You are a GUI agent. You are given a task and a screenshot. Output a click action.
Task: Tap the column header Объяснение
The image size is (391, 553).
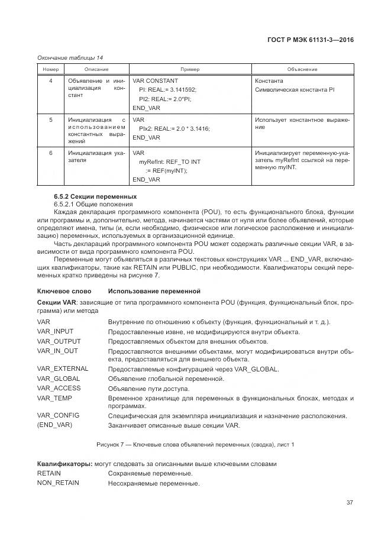302,69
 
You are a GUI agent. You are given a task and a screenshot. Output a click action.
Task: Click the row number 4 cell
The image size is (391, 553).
50,80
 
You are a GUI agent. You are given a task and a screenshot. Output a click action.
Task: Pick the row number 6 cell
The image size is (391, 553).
50,153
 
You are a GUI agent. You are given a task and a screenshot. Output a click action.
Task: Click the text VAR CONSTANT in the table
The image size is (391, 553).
155,80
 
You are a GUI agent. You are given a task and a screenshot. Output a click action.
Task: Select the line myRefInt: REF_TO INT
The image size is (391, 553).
169,161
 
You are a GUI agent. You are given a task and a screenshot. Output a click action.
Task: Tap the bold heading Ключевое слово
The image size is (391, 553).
64,292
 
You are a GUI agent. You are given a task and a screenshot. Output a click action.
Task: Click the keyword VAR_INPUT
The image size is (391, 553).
55,332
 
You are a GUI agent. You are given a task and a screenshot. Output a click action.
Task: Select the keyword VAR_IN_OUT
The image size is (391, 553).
57,351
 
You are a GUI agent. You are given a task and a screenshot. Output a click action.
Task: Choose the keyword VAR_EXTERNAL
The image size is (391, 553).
62,368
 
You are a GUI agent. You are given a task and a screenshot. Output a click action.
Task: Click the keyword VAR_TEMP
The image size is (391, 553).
54,398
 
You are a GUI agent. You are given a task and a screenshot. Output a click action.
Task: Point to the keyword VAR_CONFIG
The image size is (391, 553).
58,415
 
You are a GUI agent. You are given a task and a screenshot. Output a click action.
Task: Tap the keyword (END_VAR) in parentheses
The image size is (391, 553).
55,425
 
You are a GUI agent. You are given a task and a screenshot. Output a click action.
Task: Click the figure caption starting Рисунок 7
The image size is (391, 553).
195,444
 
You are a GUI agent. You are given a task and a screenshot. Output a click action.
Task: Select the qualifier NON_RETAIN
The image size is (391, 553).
58,483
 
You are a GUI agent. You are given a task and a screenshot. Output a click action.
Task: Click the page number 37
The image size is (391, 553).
350,503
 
